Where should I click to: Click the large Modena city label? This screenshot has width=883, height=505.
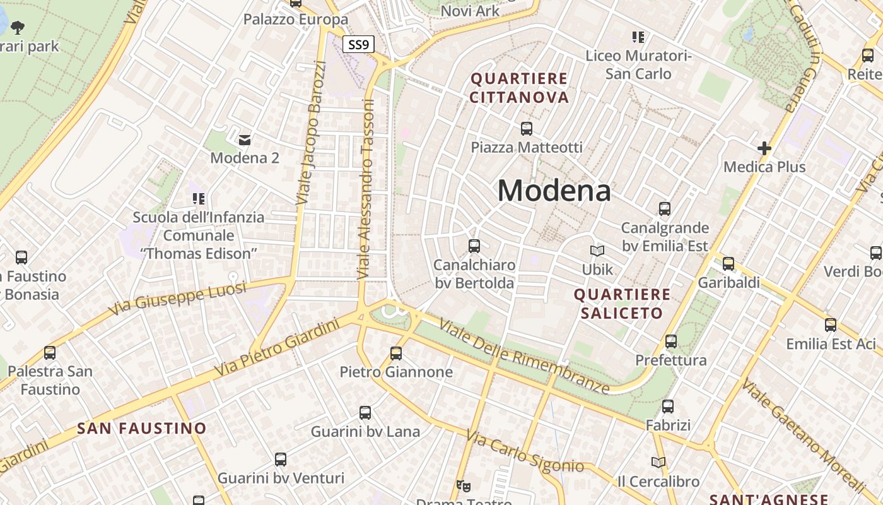click(554, 190)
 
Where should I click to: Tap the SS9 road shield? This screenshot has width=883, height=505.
click(359, 45)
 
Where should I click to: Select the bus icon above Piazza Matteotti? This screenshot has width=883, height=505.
click(527, 129)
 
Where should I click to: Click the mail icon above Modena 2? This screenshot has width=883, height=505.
click(245, 140)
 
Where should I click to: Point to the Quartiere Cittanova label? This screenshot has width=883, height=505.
click(519, 88)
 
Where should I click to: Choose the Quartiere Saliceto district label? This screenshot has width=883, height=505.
click(622, 304)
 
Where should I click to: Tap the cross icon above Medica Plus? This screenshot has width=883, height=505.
click(764, 148)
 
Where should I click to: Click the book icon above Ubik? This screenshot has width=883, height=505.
click(597, 251)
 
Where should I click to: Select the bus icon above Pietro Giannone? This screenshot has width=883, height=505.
click(396, 353)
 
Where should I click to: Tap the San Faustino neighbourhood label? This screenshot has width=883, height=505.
click(142, 428)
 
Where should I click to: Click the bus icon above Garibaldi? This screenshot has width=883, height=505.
click(728, 264)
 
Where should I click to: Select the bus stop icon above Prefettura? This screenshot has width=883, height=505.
click(671, 342)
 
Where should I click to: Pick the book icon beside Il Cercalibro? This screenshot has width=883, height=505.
click(658, 463)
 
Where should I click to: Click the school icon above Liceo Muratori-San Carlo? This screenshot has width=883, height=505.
click(638, 37)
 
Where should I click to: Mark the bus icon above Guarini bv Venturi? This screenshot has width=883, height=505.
click(281, 460)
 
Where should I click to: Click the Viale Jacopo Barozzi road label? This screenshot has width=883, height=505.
click(310, 133)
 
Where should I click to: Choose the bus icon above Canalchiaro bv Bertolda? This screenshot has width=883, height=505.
click(474, 246)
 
